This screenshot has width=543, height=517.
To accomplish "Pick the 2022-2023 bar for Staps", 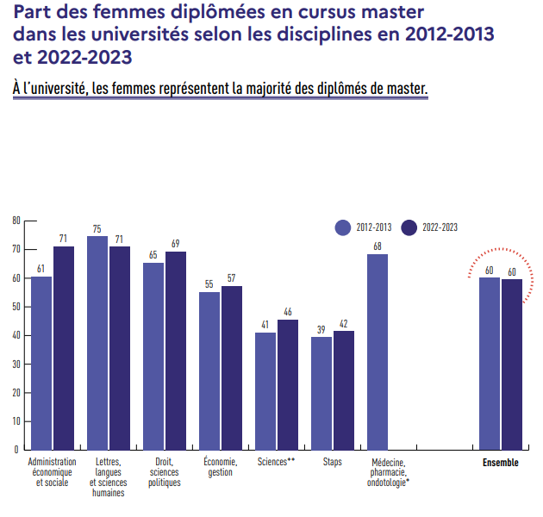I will pyautogui.click(x=344, y=389).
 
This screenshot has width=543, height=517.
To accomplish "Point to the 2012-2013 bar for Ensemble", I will pyautogui.click(x=490, y=363).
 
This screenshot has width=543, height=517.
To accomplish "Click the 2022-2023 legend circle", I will pyautogui.click(x=410, y=227).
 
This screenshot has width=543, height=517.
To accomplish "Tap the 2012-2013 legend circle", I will pyautogui.click(x=343, y=227).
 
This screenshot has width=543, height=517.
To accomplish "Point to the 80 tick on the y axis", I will pyautogui.click(x=16, y=221).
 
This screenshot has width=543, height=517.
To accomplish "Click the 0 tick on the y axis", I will pyautogui.click(x=16, y=450).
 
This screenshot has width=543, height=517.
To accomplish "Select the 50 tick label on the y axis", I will pyautogui.click(x=16, y=307).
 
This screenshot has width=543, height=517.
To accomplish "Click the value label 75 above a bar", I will pyautogui.click(x=97, y=229).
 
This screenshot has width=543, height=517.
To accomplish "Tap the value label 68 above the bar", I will pyautogui.click(x=378, y=246).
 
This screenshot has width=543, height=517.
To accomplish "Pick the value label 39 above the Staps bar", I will pyautogui.click(x=321, y=329).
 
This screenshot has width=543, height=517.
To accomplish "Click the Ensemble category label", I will pyautogui.click(x=501, y=463).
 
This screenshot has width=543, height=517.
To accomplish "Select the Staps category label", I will pyautogui.click(x=333, y=462).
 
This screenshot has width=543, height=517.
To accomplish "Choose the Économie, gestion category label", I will pyautogui.click(x=221, y=467).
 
